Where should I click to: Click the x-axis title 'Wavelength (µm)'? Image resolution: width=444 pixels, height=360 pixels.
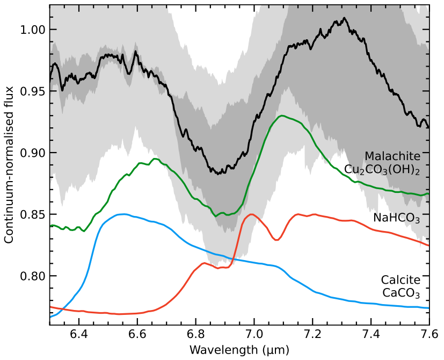(239, 350)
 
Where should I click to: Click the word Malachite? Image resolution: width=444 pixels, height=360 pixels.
(392, 156)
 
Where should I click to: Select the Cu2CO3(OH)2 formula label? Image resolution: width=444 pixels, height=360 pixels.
(382, 169)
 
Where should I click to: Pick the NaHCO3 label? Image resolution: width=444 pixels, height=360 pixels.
(396, 218)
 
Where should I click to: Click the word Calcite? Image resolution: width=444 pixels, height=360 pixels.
(401, 280)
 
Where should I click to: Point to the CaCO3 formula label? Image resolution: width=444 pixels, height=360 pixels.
(401, 293)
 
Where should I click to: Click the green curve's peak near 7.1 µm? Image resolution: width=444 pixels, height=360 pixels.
(281, 116)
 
